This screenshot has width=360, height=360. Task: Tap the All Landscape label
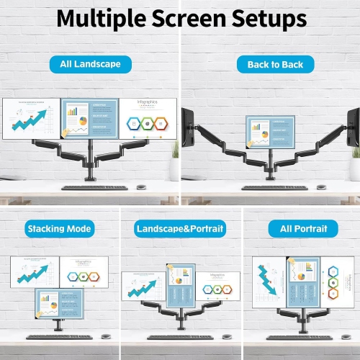[x=90, y=64]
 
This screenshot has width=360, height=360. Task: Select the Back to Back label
[x=270, y=64]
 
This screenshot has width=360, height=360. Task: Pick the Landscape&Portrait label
[x=180, y=229]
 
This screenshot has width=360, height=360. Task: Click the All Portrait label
[x=298, y=229]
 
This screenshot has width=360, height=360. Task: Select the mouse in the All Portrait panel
[x=343, y=336]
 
